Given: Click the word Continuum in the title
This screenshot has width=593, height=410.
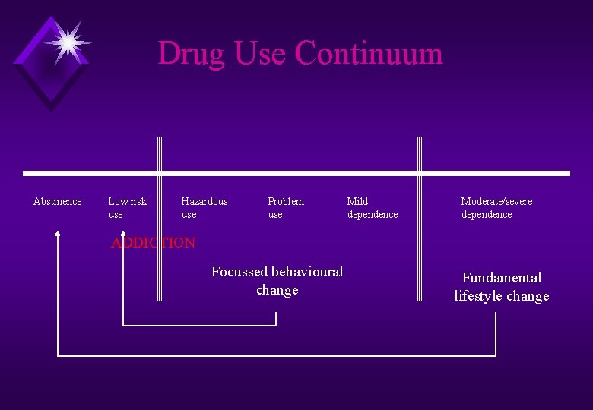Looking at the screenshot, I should [369, 53].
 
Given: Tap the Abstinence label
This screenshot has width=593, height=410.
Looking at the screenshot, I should [58, 201].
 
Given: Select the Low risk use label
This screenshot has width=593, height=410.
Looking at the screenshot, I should [127, 207].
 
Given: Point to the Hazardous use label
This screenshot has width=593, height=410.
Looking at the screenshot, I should [204, 207].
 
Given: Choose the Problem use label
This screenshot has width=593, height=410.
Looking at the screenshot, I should [285, 207].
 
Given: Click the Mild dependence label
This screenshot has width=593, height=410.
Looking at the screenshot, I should [372, 207].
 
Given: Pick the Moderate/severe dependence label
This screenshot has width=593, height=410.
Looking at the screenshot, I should [496, 207].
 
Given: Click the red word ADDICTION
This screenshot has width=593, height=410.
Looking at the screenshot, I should [153, 243].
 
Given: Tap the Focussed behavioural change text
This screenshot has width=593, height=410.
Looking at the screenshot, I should [277, 280].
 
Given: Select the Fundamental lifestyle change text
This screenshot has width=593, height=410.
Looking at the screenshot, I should [502, 286].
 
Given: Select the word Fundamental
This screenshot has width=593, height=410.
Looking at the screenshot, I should [502, 277].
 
